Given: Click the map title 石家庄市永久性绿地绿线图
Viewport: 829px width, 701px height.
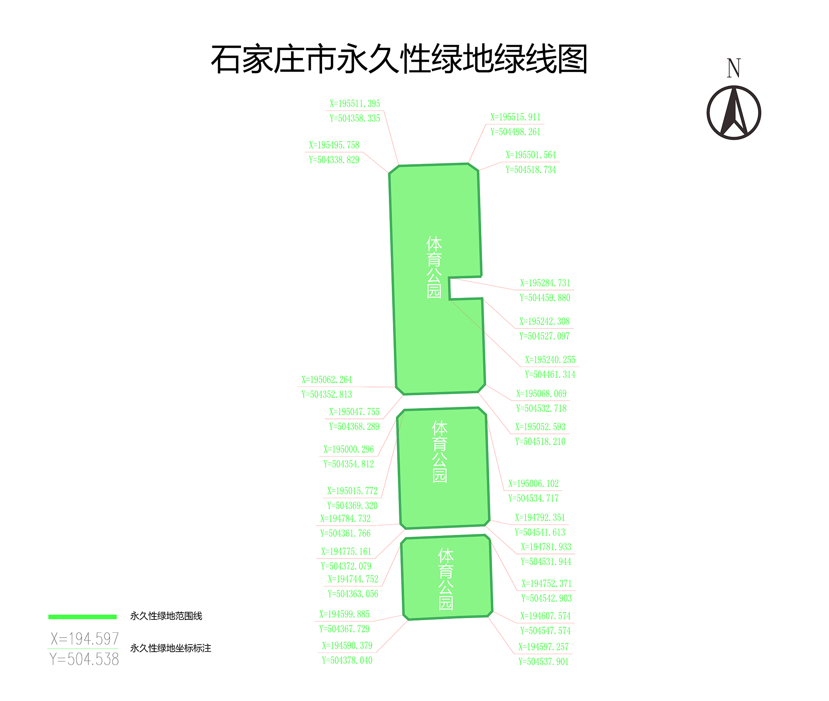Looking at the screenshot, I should pos(399,59).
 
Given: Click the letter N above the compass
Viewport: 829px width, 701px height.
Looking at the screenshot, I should pos(733,68).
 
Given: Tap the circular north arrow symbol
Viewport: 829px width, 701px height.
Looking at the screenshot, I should pos(733,113).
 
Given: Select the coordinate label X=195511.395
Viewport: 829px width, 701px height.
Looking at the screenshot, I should pos(355,104).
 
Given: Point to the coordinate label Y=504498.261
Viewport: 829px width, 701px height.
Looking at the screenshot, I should pos(515,132).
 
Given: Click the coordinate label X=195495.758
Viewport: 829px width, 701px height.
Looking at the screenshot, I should pos(334,145).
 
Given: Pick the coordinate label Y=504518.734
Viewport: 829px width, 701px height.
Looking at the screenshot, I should pos(531,169).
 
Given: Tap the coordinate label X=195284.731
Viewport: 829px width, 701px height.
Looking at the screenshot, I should pos(545,283).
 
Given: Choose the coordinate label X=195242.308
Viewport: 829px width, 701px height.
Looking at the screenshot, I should pos(544,321).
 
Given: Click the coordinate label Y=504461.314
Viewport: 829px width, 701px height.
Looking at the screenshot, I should pos(550,375).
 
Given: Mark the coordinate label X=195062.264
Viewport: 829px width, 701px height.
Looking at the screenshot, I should pos(327,380).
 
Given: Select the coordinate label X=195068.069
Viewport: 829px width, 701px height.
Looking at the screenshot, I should pos(541,394).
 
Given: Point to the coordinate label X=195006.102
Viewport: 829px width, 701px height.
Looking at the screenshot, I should pos(533,483).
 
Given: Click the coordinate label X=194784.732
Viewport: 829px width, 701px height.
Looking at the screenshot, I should pos(345,518).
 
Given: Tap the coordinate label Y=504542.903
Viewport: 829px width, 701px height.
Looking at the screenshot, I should pos(546,598).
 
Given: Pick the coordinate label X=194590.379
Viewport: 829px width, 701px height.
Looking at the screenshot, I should pos(347,645).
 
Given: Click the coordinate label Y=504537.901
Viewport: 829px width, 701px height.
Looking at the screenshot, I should pos(543,662).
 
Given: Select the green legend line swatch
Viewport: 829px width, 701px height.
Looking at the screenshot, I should pos(82,617).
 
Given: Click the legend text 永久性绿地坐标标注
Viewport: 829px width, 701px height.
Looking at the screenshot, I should pos(171,648).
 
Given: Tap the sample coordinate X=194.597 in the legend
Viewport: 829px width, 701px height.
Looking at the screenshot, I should pos(85,639).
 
